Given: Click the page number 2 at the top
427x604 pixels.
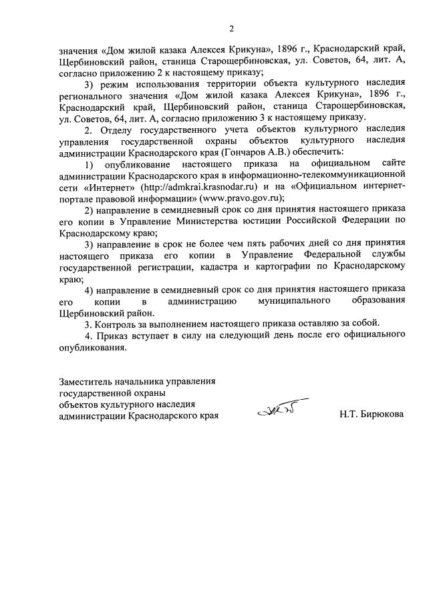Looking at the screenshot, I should coord(231,29).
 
